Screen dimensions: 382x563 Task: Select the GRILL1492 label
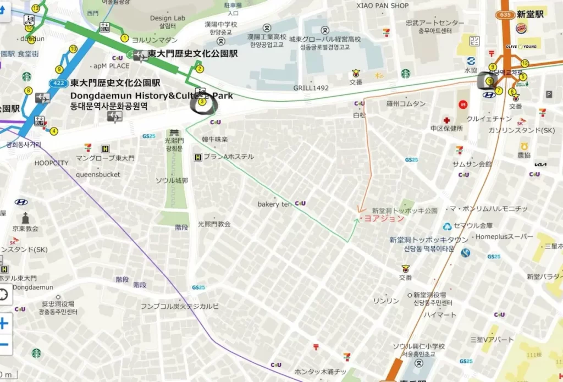click(311, 88)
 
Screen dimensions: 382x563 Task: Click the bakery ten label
click(274, 204)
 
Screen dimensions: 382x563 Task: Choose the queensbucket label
click(98, 175)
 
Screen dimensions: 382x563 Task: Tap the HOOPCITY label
click(52, 163)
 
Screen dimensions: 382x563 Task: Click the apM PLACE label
click(112, 66)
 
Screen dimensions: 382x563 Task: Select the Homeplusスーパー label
click(504, 237)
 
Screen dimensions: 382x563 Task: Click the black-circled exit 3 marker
click(202, 102)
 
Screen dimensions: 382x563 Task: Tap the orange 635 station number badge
click(505, 15)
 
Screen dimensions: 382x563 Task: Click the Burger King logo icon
click(521, 28)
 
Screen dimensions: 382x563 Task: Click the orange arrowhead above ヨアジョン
click(361, 209)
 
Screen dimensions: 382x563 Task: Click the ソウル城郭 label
click(172, 181)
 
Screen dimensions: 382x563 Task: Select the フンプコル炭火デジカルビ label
click(180, 306)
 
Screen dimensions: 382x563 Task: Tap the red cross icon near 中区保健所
click(448, 120)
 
